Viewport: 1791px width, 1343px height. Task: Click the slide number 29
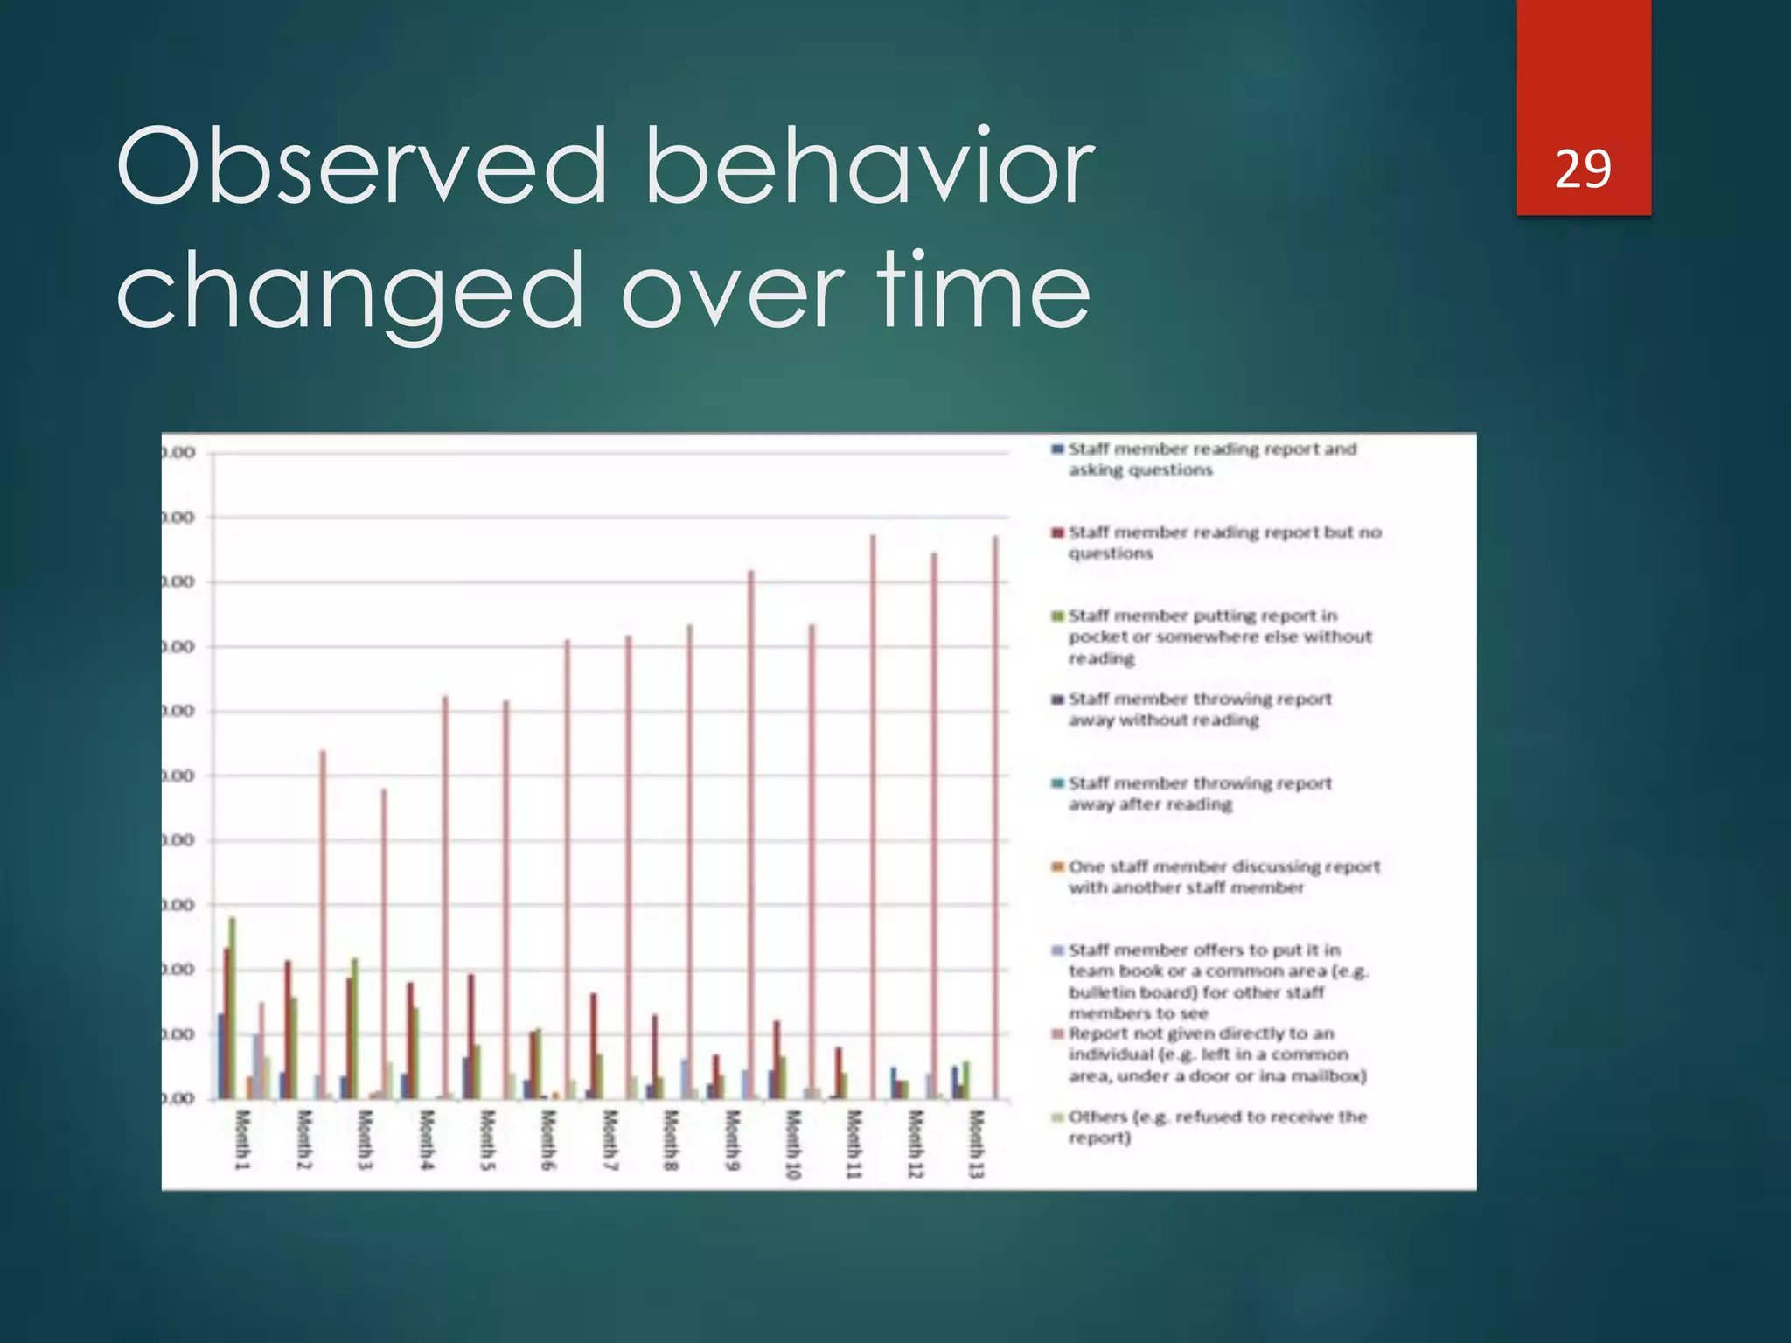(x=1583, y=170)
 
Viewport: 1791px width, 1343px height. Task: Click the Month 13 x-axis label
(x=977, y=1143)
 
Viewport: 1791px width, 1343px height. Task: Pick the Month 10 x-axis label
(x=793, y=1143)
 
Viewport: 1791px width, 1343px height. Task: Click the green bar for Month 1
(x=233, y=1006)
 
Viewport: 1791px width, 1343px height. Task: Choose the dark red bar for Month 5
(x=471, y=1036)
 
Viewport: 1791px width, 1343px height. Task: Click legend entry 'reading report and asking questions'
(x=1211, y=459)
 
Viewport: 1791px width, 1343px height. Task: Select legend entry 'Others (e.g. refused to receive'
(x=1216, y=1126)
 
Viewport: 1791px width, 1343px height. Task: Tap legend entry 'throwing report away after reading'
(x=1198, y=793)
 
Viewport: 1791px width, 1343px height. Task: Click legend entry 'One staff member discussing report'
(x=1223, y=876)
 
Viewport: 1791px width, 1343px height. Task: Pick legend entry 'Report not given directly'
(x=1216, y=1054)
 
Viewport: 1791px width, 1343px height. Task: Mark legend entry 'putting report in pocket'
(x=1218, y=637)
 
